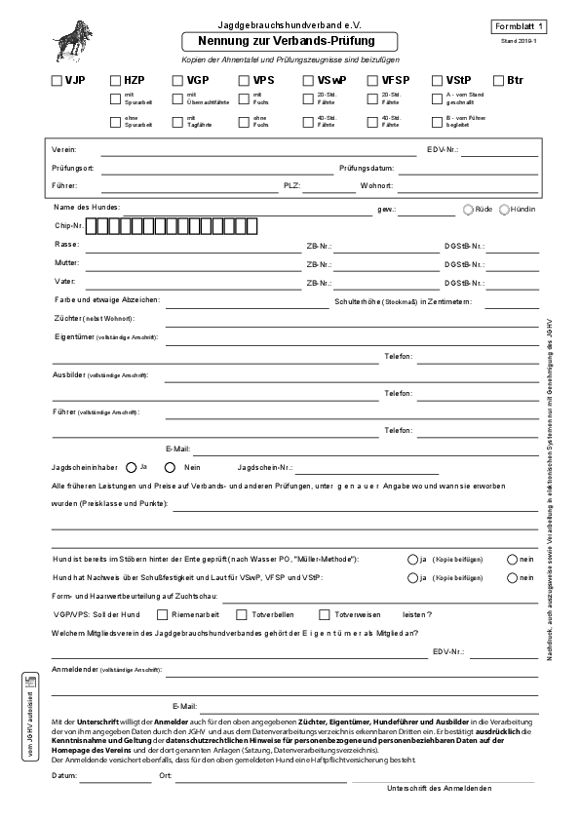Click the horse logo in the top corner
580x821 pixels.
(x=74, y=39)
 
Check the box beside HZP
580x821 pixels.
(x=116, y=81)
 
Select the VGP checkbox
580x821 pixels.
(x=178, y=81)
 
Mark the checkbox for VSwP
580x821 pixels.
(x=308, y=81)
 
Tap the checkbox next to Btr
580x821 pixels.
(x=497, y=81)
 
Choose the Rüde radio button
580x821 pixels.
(x=469, y=209)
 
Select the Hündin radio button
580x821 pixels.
(x=504, y=209)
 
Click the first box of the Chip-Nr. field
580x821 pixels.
(x=93, y=226)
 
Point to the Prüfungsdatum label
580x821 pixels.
(x=366, y=168)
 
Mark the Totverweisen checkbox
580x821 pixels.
(x=325, y=614)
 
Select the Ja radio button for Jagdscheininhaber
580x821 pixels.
(x=132, y=466)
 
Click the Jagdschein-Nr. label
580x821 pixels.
(x=265, y=468)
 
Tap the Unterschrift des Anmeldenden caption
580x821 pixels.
(x=439, y=788)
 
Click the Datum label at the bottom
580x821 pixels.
(x=64, y=777)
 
